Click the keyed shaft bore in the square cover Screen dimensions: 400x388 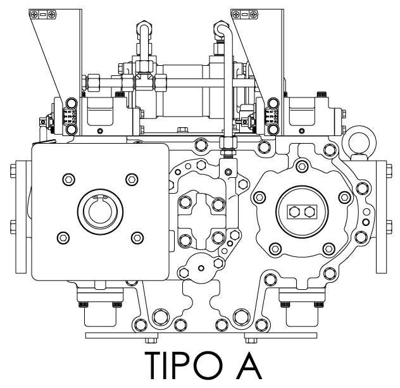click(100, 211)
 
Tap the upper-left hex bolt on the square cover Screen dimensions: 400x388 click(68, 179)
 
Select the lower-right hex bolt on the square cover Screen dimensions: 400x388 click(137, 238)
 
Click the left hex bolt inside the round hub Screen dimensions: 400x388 click(295, 211)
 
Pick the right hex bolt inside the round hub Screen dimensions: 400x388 click(309, 211)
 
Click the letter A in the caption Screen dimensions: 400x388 click(249, 365)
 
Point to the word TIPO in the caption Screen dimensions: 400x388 click(184, 365)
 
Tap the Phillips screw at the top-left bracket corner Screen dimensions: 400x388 click(34, 14)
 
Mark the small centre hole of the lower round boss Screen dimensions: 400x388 click(201, 268)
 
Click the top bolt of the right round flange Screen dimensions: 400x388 click(302, 166)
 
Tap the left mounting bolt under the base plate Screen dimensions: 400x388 click(151, 341)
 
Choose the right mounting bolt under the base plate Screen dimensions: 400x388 click(251, 341)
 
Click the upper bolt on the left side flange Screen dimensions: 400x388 click(13, 171)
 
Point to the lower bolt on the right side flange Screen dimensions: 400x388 click(389, 227)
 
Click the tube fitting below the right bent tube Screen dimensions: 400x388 click(228, 146)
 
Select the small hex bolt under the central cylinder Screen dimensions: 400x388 click(182, 129)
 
